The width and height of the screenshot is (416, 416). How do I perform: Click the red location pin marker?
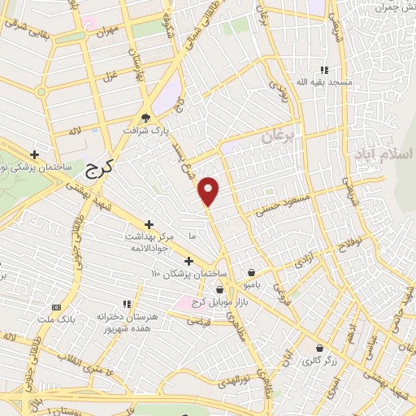[x=209, y=192]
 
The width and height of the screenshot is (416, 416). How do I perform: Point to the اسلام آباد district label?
[x=383, y=154]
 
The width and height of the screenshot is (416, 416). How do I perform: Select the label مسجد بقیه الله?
[x=323, y=83]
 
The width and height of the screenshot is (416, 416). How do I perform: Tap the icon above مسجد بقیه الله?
[x=325, y=70]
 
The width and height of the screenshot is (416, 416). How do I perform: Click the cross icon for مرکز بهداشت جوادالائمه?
[x=149, y=223]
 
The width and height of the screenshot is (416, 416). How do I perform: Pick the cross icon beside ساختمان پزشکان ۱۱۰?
[x=188, y=261]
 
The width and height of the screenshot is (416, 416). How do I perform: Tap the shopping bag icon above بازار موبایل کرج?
[x=219, y=289]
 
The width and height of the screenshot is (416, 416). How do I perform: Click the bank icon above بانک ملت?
[x=55, y=307]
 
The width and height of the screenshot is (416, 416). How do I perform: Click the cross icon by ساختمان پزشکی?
[x=35, y=154]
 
